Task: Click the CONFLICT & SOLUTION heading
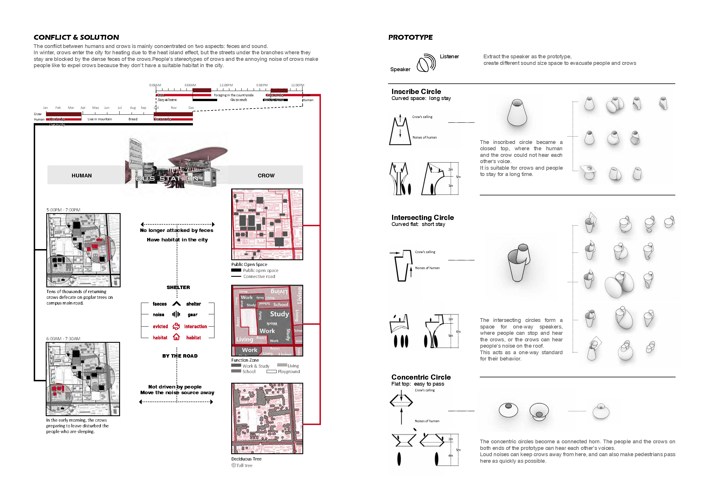click(x=76, y=37)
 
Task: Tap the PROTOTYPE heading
click(x=410, y=37)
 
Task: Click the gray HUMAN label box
click(x=82, y=175)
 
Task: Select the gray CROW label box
click(x=266, y=175)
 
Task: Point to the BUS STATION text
click(x=167, y=179)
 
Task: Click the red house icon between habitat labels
click(x=176, y=337)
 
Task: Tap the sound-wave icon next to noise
click(x=176, y=314)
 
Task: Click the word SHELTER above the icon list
click(x=178, y=287)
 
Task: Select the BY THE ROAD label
click(x=180, y=356)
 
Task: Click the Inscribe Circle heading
click(x=416, y=91)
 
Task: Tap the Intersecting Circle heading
click(x=422, y=217)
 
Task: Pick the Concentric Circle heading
click(x=421, y=377)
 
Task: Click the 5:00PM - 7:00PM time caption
click(x=63, y=210)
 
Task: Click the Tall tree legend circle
click(x=234, y=465)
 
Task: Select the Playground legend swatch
click(x=271, y=371)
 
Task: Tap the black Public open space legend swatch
click(x=236, y=270)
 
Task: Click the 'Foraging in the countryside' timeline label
click(x=234, y=95)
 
